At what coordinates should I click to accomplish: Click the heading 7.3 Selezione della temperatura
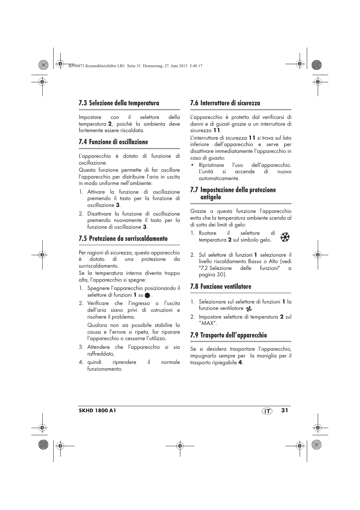click(119, 103)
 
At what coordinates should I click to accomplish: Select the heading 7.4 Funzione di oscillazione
click(113, 142)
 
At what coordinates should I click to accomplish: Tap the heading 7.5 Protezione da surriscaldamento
click(123, 239)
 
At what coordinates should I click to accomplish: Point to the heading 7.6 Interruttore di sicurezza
click(225, 103)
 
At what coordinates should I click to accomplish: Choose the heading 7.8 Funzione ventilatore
click(220, 287)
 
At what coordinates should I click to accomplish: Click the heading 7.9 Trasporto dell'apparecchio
click(228, 335)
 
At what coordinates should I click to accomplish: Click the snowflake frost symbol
click(285, 237)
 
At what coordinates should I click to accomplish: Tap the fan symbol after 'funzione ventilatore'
click(248, 309)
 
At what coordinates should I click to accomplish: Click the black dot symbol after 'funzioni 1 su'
click(147, 296)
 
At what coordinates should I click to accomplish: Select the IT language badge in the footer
click(267, 411)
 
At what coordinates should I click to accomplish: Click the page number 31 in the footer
click(284, 410)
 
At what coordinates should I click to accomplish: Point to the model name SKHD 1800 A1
click(97, 411)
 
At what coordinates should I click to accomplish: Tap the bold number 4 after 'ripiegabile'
click(240, 363)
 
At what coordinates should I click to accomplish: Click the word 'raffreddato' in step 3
click(100, 354)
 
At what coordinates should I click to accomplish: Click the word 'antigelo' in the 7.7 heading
click(211, 197)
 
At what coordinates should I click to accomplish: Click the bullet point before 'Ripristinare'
click(192, 165)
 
